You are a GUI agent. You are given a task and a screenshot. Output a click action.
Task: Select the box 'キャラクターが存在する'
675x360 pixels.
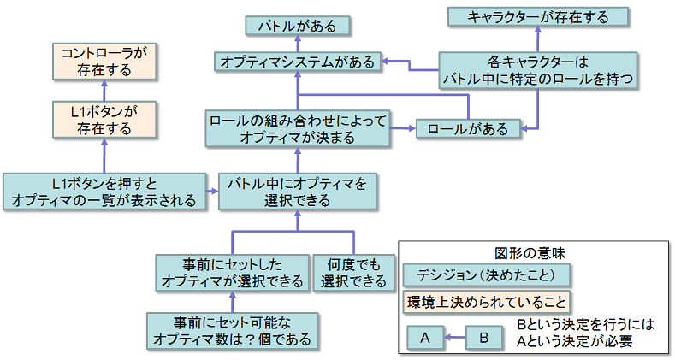pos(538,16)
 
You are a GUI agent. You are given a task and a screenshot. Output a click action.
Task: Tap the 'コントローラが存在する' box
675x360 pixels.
pos(103,62)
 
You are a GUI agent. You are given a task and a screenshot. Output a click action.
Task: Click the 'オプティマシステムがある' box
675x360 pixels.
pos(297,62)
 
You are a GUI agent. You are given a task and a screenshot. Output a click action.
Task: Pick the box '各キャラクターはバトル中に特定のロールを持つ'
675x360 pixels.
pos(538,71)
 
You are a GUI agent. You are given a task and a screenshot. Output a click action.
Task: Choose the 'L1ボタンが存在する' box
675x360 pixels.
pos(103,121)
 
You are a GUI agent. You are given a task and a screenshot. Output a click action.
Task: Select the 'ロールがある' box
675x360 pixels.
pos(467,129)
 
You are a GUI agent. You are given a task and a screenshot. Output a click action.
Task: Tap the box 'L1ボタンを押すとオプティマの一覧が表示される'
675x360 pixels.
pos(104,192)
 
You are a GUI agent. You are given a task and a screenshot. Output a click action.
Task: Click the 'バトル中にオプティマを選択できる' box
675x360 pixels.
pos(297,192)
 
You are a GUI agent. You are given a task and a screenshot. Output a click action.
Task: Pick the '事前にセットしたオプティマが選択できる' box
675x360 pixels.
pos(232,273)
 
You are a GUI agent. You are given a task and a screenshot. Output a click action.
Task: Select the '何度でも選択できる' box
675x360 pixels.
pos(353,273)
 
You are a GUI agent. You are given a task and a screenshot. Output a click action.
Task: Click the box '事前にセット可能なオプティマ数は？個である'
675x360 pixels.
pos(232,330)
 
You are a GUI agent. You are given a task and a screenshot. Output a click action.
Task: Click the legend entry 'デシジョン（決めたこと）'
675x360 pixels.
pos(488,275)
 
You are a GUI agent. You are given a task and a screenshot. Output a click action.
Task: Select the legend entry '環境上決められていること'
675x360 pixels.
pos(488,302)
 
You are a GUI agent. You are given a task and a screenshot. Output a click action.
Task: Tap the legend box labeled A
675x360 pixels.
pos(425,338)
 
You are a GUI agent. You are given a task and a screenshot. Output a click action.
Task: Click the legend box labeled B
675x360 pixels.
pos(483,338)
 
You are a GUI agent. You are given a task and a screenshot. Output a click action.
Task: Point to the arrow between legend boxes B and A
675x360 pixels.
pos(454,338)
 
